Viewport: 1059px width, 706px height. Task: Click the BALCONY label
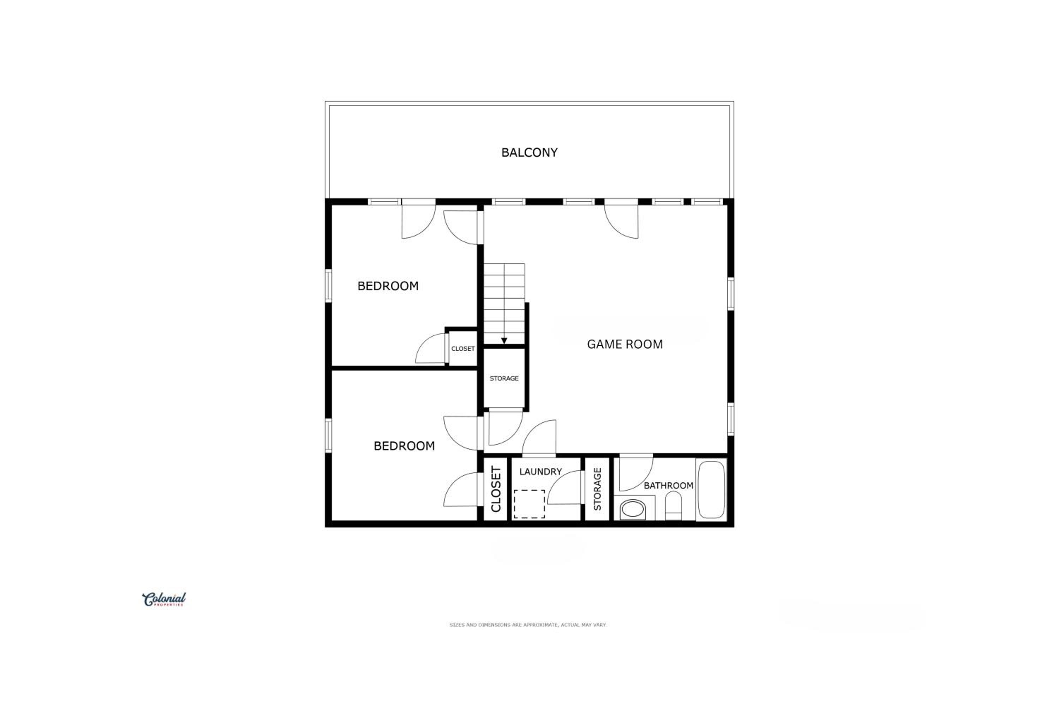pyautogui.click(x=529, y=152)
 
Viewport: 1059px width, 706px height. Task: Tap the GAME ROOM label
pyautogui.click(x=624, y=345)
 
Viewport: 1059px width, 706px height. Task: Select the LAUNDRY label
pyautogui.click(x=540, y=472)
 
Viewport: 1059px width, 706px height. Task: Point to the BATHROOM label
pyautogui.click(x=668, y=485)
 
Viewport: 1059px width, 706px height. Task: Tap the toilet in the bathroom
pyautogui.click(x=673, y=505)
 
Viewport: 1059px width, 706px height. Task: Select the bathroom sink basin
pyautogui.click(x=633, y=509)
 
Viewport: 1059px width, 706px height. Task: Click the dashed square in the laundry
pyautogui.click(x=529, y=504)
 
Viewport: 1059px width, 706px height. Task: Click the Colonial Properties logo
pyautogui.click(x=164, y=599)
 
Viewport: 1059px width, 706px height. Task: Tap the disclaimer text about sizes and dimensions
pyautogui.click(x=528, y=625)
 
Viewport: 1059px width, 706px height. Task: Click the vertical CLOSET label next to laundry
pyautogui.click(x=496, y=489)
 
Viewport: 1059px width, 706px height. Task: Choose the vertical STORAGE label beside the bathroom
pyautogui.click(x=598, y=489)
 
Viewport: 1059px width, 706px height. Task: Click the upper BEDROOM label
pyautogui.click(x=388, y=286)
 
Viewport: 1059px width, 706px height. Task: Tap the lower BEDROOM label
pyautogui.click(x=404, y=446)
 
